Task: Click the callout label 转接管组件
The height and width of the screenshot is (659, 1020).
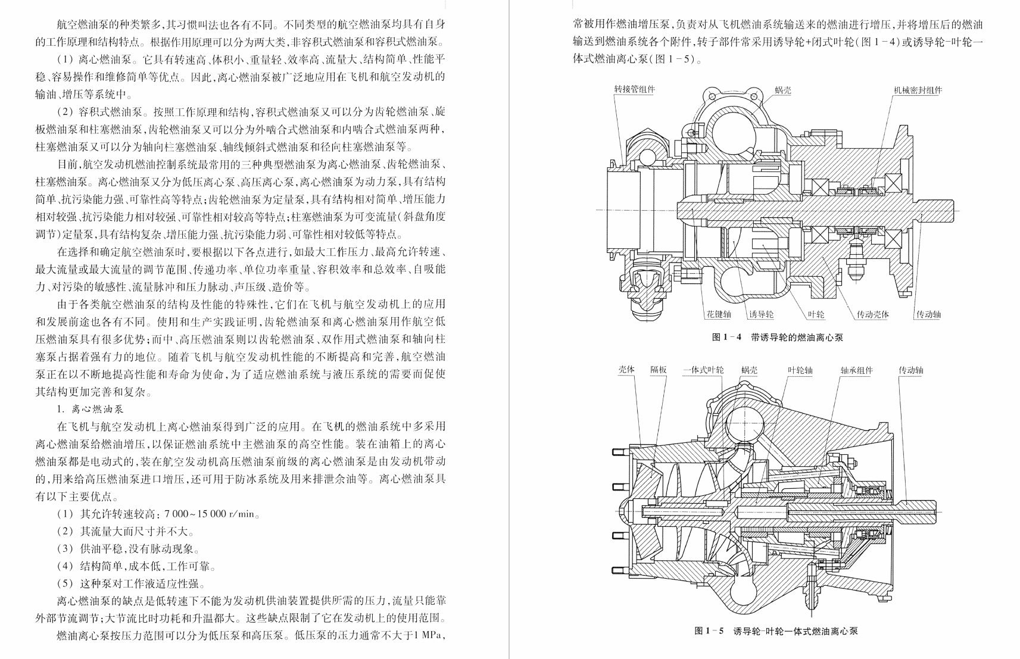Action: tap(634, 89)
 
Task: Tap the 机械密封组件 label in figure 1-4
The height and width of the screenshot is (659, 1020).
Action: tap(918, 90)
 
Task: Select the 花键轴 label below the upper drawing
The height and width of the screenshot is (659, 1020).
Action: tap(719, 314)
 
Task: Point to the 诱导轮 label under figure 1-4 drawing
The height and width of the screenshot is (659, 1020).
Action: tap(762, 314)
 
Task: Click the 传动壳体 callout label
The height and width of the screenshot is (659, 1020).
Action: tap(872, 314)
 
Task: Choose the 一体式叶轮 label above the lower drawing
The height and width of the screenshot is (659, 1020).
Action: tap(703, 370)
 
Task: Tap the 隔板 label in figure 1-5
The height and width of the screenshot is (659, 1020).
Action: tap(658, 370)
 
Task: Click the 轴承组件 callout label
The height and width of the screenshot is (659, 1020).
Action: tap(856, 370)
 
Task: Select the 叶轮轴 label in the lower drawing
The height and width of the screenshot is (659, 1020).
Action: tap(800, 370)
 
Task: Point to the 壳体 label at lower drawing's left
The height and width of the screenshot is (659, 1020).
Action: tap(626, 370)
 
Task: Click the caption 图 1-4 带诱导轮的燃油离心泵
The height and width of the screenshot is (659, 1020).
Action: tap(777, 337)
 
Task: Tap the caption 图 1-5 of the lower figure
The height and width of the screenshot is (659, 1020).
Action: tap(709, 631)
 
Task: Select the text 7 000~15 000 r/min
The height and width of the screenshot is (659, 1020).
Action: tap(209, 514)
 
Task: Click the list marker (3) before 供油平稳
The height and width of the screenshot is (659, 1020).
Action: tap(65, 549)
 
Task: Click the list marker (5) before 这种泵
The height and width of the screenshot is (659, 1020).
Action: tap(65, 583)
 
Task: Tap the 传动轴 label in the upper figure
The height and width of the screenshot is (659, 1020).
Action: tap(928, 314)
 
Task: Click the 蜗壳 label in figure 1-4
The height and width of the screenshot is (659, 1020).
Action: tap(783, 90)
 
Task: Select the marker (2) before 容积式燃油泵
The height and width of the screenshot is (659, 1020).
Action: tap(65, 112)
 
